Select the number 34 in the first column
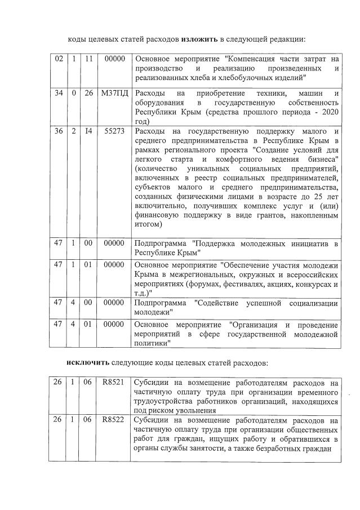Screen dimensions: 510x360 tap(58, 93)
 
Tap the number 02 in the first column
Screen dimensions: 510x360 tap(58, 58)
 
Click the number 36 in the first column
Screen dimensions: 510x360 tap(58, 131)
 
